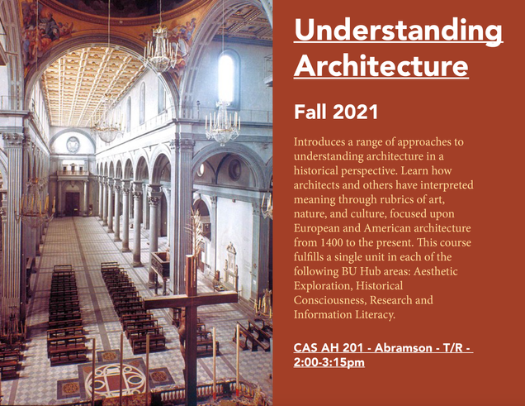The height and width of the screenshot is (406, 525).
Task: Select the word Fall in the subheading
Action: click(310, 112)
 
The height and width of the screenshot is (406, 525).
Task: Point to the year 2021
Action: click(355, 112)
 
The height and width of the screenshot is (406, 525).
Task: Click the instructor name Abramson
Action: click(403, 347)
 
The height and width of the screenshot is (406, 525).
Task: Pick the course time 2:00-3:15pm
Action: click(329, 362)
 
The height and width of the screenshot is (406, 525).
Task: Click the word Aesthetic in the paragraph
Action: click(435, 271)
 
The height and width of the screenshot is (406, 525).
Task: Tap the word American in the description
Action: click(387, 228)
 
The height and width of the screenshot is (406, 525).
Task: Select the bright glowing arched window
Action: click(227, 78)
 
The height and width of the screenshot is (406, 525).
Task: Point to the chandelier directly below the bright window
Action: click(223, 122)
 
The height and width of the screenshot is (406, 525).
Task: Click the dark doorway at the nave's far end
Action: click(73, 203)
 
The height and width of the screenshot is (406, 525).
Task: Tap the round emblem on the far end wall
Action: click(73, 145)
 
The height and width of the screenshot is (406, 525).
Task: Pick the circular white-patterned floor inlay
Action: click(116, 379)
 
